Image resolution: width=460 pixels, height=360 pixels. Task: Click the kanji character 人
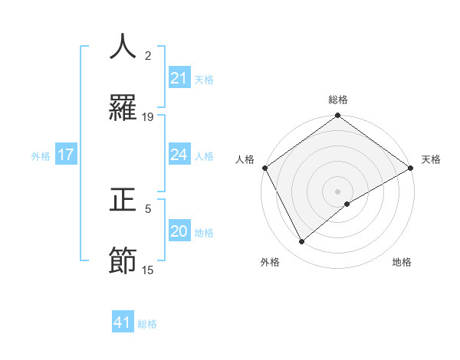pos(123,47)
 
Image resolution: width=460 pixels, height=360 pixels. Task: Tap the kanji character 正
pos(123,200)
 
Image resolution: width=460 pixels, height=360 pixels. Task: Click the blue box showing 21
pos(179,78)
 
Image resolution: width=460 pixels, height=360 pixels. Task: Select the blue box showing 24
pos(179,155)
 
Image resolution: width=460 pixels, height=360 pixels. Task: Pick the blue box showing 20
pos(179,231)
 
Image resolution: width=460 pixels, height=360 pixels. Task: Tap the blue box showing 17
pos(66,155)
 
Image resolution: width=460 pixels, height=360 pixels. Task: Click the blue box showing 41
pos(123,322)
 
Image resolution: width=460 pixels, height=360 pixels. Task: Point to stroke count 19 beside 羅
pos(148,117)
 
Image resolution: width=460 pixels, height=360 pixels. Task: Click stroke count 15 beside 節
pos(148,270)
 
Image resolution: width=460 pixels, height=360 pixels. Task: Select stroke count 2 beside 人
pos(148,56)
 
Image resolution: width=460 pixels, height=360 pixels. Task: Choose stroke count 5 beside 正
pos(148,208)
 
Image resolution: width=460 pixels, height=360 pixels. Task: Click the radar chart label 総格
pos(338,100)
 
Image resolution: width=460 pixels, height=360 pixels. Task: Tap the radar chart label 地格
pos(402,263)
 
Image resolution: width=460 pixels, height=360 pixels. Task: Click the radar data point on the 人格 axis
pos(264,168)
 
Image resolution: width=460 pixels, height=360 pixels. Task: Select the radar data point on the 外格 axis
pos(302,241)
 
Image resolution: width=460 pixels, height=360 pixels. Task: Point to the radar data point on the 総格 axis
pos(338,116)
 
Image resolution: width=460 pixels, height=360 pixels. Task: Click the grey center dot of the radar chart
pos(338,191)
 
